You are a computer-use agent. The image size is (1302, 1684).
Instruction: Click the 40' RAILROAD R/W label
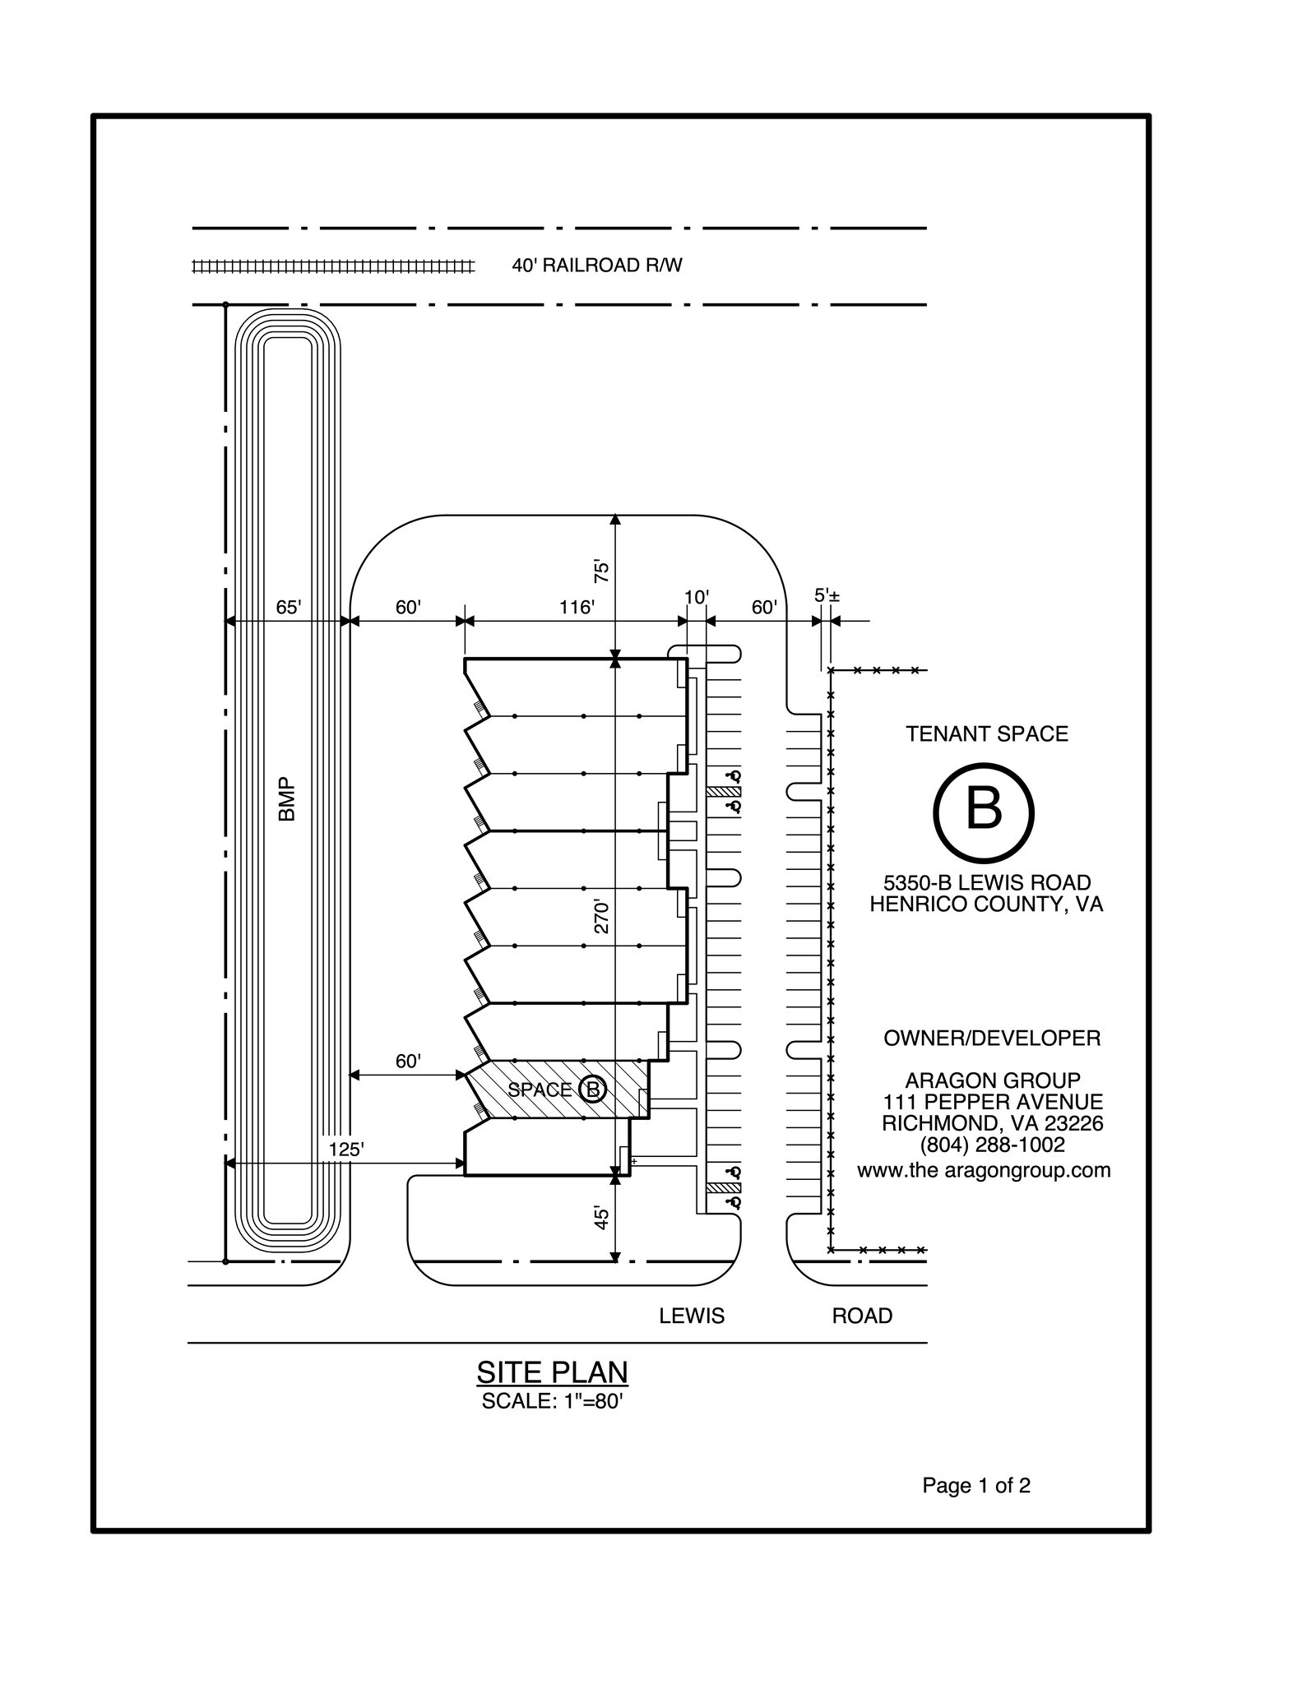(596, 266)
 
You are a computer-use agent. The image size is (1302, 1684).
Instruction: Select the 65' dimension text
(288, 608)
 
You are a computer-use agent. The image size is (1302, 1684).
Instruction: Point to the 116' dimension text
(577, 608)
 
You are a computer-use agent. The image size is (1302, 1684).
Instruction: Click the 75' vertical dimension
(602, 571)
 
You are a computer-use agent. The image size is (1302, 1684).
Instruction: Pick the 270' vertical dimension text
(602, 917)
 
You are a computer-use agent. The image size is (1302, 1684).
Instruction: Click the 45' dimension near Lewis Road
(602, 1218)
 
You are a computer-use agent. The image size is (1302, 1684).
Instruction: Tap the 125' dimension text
(345, 1150)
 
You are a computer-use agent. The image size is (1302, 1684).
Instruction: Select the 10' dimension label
(696, 597)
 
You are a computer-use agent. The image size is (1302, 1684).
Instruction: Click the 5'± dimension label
(827, 594)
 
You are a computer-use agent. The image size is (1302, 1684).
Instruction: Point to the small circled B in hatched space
(593, 1090)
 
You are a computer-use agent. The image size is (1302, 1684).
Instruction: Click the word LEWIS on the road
(692, 1316)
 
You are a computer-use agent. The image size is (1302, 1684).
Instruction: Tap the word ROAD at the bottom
(862, 1316)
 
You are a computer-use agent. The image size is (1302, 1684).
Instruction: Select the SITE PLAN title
(552, 1372)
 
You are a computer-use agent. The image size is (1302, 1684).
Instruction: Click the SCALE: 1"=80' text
(552, 1401)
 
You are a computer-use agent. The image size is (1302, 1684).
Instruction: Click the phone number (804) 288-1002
(992, 1145)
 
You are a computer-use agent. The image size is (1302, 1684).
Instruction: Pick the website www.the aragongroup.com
(984, 1170)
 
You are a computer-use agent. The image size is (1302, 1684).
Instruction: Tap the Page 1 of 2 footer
(976, 1486)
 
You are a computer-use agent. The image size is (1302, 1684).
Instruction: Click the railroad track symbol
(333, 266)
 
